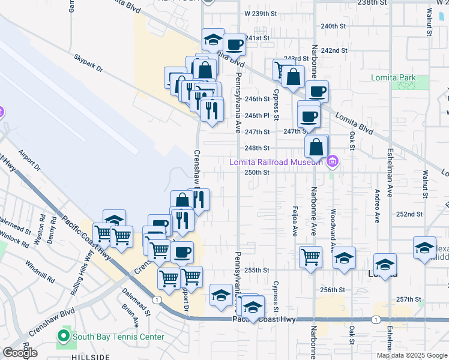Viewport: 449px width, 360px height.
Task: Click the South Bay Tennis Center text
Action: pyautogui.click(x=118, y=337)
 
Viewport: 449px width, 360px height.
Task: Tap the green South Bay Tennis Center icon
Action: pyautogui.click(x=63, y=337)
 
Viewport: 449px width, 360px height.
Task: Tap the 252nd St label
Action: pyautogui.click(x=413, y=214)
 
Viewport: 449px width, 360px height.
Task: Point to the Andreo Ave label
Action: pyautogui.click(x=377, y=208)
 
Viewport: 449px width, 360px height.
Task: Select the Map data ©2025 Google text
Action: pyautogui.click(x=412, y=355)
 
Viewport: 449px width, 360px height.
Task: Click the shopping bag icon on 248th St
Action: pyautogui.click(x=316, y=146)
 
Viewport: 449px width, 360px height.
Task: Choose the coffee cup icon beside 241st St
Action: pyautogui.click(x=234, y=44)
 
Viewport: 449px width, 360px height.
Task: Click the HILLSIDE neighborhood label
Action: pyautogui.click(x=91, y=357)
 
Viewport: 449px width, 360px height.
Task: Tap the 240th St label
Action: pyautogui.click(x=334, y=26)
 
